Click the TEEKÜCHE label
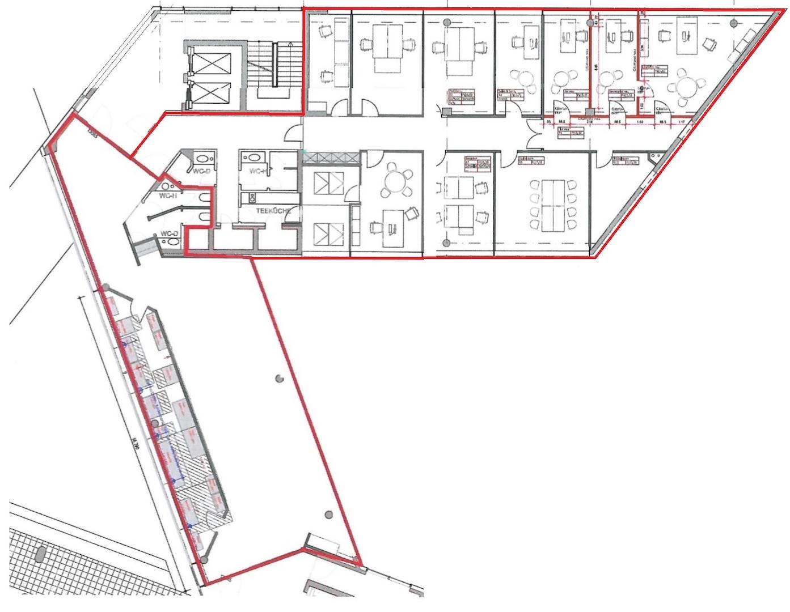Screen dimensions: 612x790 (x=274, y=211)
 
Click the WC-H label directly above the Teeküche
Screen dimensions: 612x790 (x=259, y=171)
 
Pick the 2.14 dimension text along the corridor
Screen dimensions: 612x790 (x=589, y=121)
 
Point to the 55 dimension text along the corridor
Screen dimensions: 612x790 (x=548, y=121)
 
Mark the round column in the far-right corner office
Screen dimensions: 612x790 (x=733, y=23)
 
